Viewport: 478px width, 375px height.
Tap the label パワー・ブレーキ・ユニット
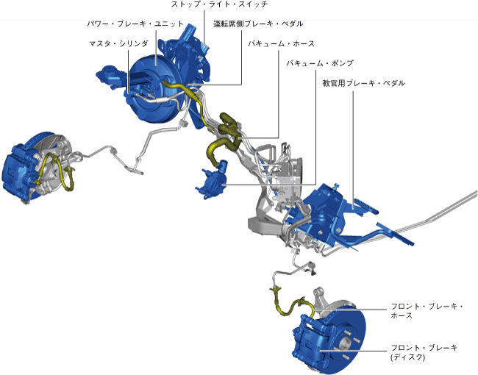click(135, 24)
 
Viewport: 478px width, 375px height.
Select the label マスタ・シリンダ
click(119, 44)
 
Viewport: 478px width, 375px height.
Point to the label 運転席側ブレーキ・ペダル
click(257, 24)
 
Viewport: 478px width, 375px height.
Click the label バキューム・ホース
click(281, 44)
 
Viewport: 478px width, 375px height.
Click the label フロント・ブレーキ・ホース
click(427, 311)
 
